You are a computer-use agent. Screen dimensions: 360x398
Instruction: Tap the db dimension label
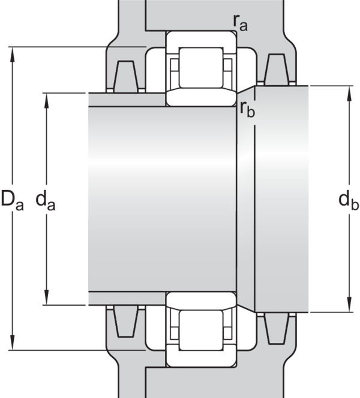[x=349, y=201]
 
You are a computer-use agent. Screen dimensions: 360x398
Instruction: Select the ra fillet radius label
[x=241, y=23]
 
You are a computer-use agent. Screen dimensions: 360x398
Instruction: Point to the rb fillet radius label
[x=247, y=110]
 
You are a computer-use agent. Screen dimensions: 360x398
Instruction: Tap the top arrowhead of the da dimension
[x=46, y=101]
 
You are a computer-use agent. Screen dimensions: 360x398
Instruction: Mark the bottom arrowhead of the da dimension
[x=46, y=297]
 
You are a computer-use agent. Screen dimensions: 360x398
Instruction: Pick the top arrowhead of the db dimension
[x=349, y=94]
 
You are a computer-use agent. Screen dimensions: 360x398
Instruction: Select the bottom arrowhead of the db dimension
[x=349, y=304]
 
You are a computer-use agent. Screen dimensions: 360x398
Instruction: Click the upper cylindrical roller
[x=201, y=68]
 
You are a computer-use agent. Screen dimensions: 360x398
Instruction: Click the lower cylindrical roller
[x=201, y=330]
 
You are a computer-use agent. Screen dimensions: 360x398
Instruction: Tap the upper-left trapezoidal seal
[x=125, y=77]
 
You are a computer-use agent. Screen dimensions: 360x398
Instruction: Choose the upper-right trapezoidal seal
[x=277, y=70]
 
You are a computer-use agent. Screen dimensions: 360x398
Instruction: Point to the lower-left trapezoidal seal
[x=125, y=322]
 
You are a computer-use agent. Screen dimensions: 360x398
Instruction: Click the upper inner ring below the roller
[x=201, y=97]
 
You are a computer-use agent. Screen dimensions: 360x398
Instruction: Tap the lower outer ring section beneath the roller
[x=201, y=358]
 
